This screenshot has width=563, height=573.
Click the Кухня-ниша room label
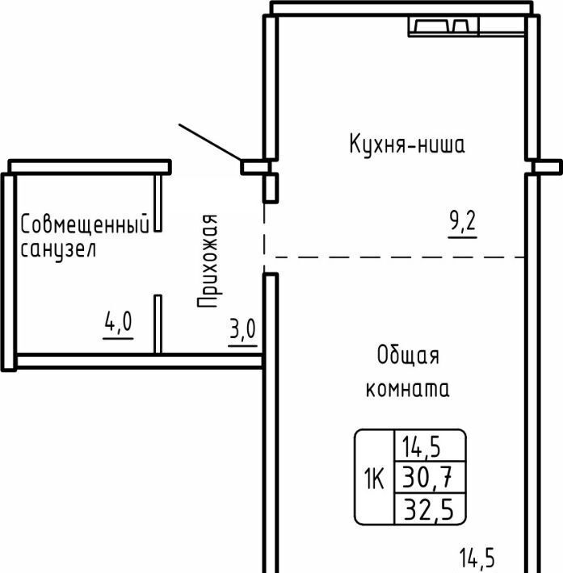click(407, 144)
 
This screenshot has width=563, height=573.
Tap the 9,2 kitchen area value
click(463, 221)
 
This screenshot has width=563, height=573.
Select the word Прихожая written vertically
click(208, 261)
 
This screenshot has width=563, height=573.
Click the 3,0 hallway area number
click(242, 329)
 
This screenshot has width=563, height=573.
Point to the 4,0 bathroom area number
click(118, 321)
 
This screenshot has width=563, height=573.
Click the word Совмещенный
click(85, 224)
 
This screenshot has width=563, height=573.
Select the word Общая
click(408, 355)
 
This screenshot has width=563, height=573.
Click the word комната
click(408, 388)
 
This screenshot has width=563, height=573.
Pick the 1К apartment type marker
click(374, 479)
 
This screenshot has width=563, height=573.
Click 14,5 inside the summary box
click(421, 447)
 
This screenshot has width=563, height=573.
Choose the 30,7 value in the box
click(427, 479)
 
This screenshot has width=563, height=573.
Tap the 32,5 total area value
click(428, 510)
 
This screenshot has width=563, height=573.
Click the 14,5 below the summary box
click(477, 558)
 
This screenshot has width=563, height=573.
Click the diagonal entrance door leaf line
click(210, 142)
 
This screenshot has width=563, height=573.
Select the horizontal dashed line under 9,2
click(400, 257)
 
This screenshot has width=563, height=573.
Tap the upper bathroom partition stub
click(158, 203)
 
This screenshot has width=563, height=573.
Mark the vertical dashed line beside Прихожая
click(264, 238)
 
